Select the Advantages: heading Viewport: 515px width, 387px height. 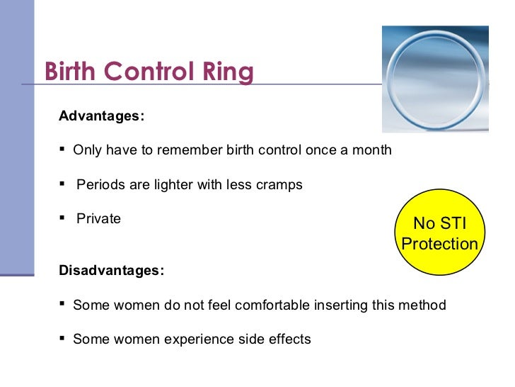coord(101,116)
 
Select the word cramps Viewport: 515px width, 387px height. coord(279,185)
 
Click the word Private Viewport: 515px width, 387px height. coord(98,219)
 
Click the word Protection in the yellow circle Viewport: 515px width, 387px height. coord(439,244)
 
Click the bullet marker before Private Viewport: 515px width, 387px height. coord(63,218)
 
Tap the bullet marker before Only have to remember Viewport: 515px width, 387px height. coord(63,150)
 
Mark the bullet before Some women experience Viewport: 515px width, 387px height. coord(63,339)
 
